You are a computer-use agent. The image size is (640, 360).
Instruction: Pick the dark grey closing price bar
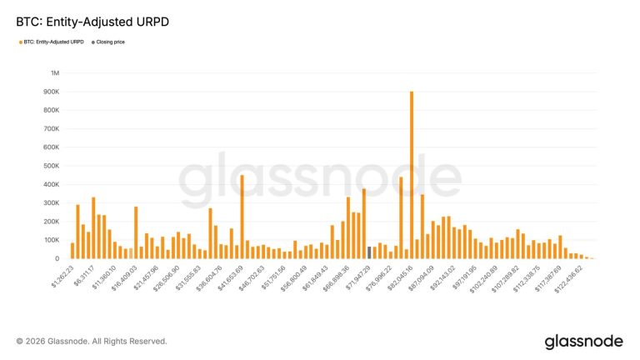point(369,252)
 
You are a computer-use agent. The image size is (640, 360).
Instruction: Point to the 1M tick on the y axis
point(54,73)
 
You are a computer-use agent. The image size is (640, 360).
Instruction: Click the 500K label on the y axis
point(52,166)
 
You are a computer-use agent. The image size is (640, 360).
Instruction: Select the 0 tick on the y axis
point(57,258)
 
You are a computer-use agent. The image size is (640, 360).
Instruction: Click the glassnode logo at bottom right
point(583,342)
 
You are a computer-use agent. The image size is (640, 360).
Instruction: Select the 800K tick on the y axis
point(52,110)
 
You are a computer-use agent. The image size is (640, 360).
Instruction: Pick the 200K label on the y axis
point(52,221)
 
